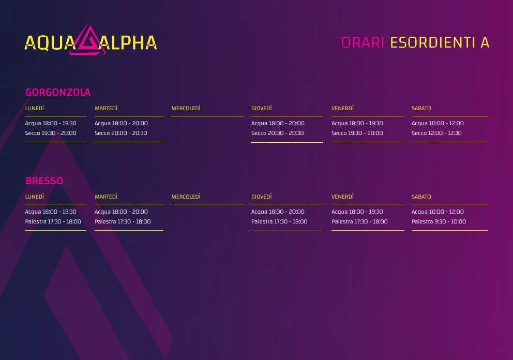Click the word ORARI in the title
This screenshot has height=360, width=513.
pos(363,42)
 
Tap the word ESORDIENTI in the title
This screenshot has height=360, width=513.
pos(432,42)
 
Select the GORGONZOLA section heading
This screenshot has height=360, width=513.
pos(58,92)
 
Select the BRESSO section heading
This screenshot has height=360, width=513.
pos(44,181)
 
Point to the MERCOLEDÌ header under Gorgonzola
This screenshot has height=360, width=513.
pos(186,108)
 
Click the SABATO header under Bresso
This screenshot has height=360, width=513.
pos(421,197)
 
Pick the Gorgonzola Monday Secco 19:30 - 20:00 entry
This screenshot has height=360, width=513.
pos(51,133)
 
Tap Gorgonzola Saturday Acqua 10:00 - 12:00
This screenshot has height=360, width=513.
pos(437,124)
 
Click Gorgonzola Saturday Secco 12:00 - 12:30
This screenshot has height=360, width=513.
pos(436,133)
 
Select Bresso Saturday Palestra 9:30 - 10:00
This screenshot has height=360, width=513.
pos(439,221)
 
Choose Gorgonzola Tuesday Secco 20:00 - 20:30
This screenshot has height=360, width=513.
pos(120,133)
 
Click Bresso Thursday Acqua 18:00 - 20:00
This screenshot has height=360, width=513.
pos(278,212)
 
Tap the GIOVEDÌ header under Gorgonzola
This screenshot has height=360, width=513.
pos(261,108)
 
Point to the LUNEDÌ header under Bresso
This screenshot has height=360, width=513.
pos(34,197)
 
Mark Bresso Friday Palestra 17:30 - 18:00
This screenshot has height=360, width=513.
pos(359,221)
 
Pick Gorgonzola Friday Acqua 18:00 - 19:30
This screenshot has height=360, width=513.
pos(357,124)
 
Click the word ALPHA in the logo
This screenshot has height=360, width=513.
pos(128,43)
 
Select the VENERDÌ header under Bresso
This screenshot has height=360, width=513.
pos(342,197)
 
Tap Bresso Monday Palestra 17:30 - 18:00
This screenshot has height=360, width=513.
pos(53,221)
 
